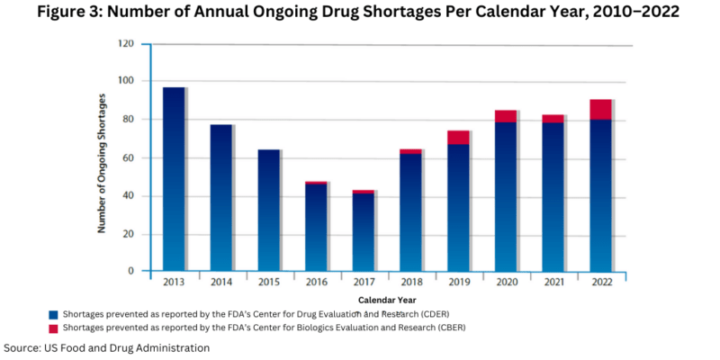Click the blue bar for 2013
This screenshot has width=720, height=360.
pos(174,180)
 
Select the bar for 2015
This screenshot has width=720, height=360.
pos(267,211)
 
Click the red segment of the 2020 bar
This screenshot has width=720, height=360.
pos(505,116)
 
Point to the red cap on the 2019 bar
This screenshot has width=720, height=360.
pos(458,137)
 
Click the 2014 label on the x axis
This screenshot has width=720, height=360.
pos(220,282)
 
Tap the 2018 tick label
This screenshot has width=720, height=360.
pos(410,282)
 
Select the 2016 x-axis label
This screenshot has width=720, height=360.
pos(315,282)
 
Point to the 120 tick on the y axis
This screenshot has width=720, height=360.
pos(126,43)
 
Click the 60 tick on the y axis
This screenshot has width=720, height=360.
pos(129,157)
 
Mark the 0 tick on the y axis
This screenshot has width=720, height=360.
pos(131,271)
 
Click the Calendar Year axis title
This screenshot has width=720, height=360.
pos(386,299)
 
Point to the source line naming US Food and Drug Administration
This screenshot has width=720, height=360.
pos(107,347)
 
